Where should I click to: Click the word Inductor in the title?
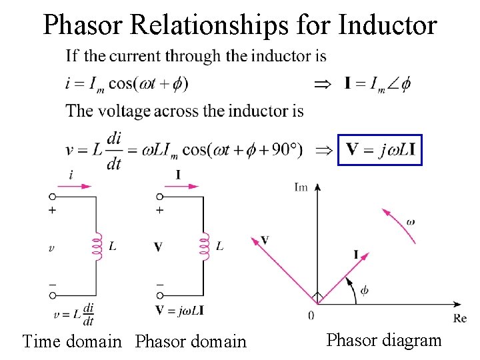387,25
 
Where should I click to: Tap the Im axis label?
301,187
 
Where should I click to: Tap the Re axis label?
459,318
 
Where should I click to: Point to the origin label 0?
311,315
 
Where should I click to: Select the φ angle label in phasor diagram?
364,290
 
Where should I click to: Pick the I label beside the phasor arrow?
357,254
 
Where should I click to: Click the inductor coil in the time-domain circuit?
97,246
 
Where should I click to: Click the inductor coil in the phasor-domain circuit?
203,246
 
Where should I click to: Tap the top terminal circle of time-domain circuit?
52,197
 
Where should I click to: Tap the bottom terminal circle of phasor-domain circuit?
159,295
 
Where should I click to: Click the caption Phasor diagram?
384,340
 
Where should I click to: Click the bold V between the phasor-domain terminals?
158,247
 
